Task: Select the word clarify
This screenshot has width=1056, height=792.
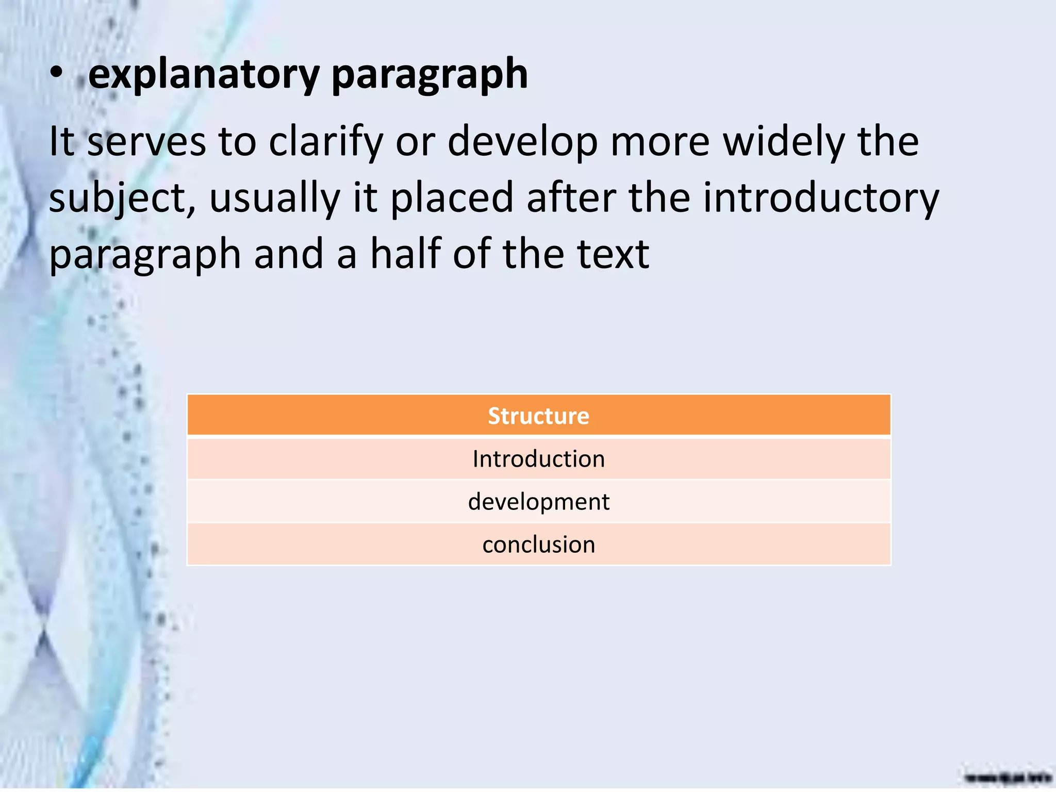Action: (326, 142)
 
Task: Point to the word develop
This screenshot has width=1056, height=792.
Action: (522, 142)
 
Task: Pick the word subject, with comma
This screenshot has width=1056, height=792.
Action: (122, 199)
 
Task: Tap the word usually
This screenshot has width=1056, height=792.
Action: (274, 199)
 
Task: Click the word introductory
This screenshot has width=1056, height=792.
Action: (821, 199)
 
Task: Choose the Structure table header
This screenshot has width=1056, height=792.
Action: (538, 416)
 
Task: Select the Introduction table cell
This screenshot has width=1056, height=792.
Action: (538, 459)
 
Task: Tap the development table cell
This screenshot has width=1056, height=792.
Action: (538, 502)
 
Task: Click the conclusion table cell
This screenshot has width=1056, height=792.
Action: (538, 544)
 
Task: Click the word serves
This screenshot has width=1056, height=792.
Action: (146, 142)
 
